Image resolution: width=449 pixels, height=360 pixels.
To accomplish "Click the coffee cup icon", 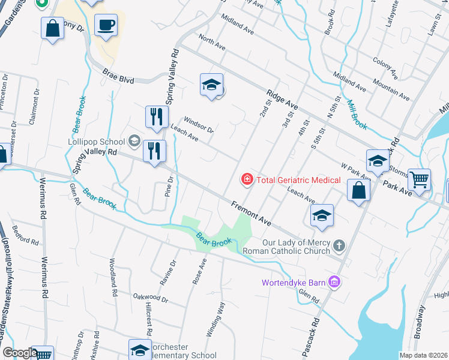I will click(x=106, y=25).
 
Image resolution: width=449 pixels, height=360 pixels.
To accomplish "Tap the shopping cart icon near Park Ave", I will click(x=419, y=178).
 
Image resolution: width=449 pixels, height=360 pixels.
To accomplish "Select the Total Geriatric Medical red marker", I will click(x=246, y=179).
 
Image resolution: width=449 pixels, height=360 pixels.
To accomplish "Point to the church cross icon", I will click(x=339, y=245).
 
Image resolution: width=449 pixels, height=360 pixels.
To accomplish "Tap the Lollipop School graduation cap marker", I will click(x=134, y=142).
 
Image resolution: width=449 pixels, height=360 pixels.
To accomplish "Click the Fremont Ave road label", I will click(x=252, y=214).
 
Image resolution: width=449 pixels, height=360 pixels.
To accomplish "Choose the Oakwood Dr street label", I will click(x=150, y=298).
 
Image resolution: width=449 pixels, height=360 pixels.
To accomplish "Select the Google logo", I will click(x=19, y=353).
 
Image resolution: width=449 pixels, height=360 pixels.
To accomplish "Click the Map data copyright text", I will click(x=423, y=355).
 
